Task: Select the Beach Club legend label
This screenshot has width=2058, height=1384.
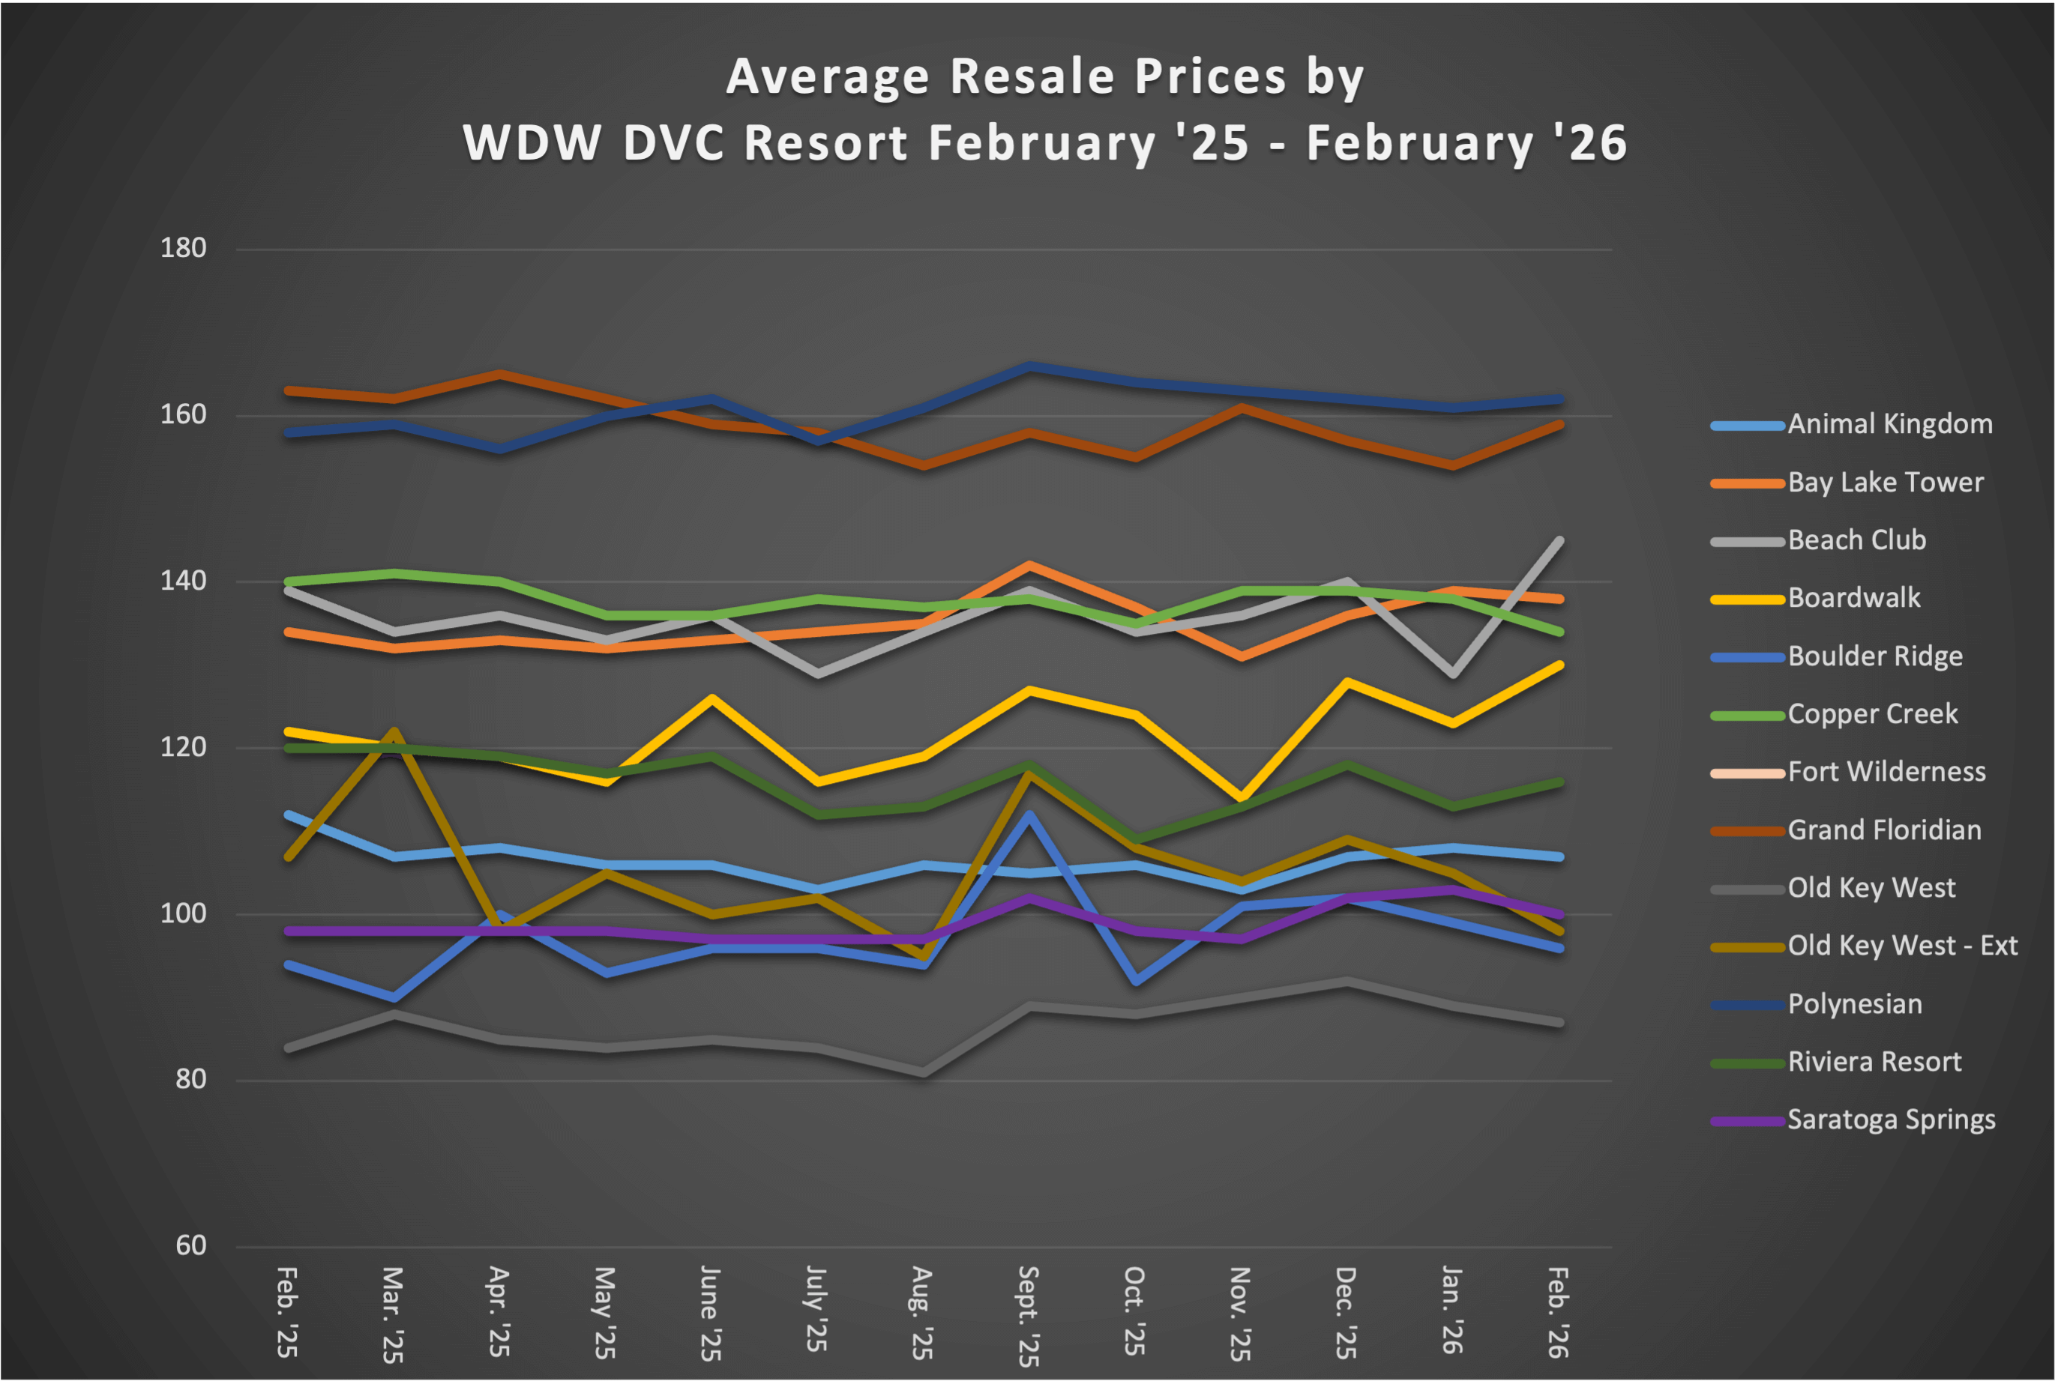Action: coord(1857,540)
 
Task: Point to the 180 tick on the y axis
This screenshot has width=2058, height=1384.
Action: coord(183,248)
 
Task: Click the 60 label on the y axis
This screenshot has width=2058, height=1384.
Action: coord(190,1245)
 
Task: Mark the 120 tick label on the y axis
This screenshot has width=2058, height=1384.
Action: coord(183,747)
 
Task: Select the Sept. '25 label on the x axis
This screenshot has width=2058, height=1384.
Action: coord(1029,1315)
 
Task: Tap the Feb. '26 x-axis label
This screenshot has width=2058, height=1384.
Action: coord(1558,1311)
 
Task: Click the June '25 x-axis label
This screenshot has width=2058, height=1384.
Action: coord(711,1314)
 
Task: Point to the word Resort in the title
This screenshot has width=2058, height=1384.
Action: coord(825,143)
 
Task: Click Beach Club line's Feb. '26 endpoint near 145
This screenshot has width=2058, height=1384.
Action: coord(1559,540)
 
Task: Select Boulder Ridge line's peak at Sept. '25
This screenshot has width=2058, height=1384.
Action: coord(1029,814)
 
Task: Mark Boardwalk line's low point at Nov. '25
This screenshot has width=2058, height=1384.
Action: coord(1241,798)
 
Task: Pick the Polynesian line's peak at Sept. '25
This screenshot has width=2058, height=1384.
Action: coord(1029,366)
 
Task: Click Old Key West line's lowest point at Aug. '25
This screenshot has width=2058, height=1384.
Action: coord(924,1072)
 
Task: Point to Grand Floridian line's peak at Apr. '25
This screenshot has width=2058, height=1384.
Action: coord(500,374)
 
